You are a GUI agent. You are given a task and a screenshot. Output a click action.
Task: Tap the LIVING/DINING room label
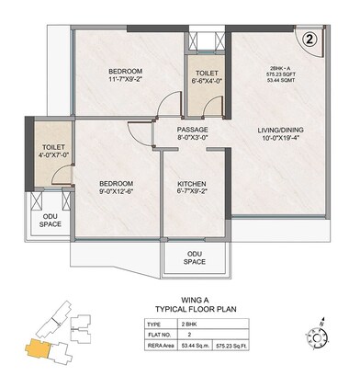click(275, 131)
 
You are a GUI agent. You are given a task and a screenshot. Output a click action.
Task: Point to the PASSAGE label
click(194, 130)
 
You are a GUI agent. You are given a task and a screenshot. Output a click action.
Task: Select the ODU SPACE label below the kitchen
click(194, 257)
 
